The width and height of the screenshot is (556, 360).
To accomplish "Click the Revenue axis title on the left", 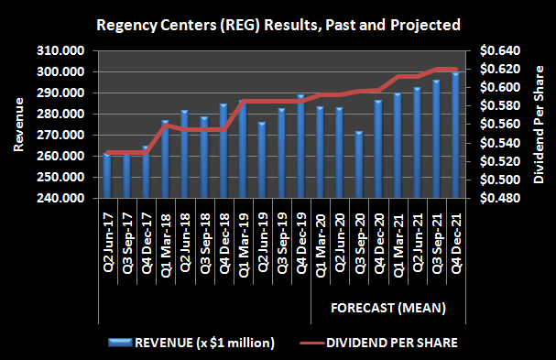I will (x=19, y=124).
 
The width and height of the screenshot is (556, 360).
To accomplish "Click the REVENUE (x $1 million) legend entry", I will (x=191, y=343).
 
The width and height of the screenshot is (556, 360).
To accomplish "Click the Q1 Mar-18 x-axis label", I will (x=165, y=235).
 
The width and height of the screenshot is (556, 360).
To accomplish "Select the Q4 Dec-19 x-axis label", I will (x=300, y=235).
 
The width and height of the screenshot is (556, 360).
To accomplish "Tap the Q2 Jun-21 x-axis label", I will (x=417, y=235).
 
